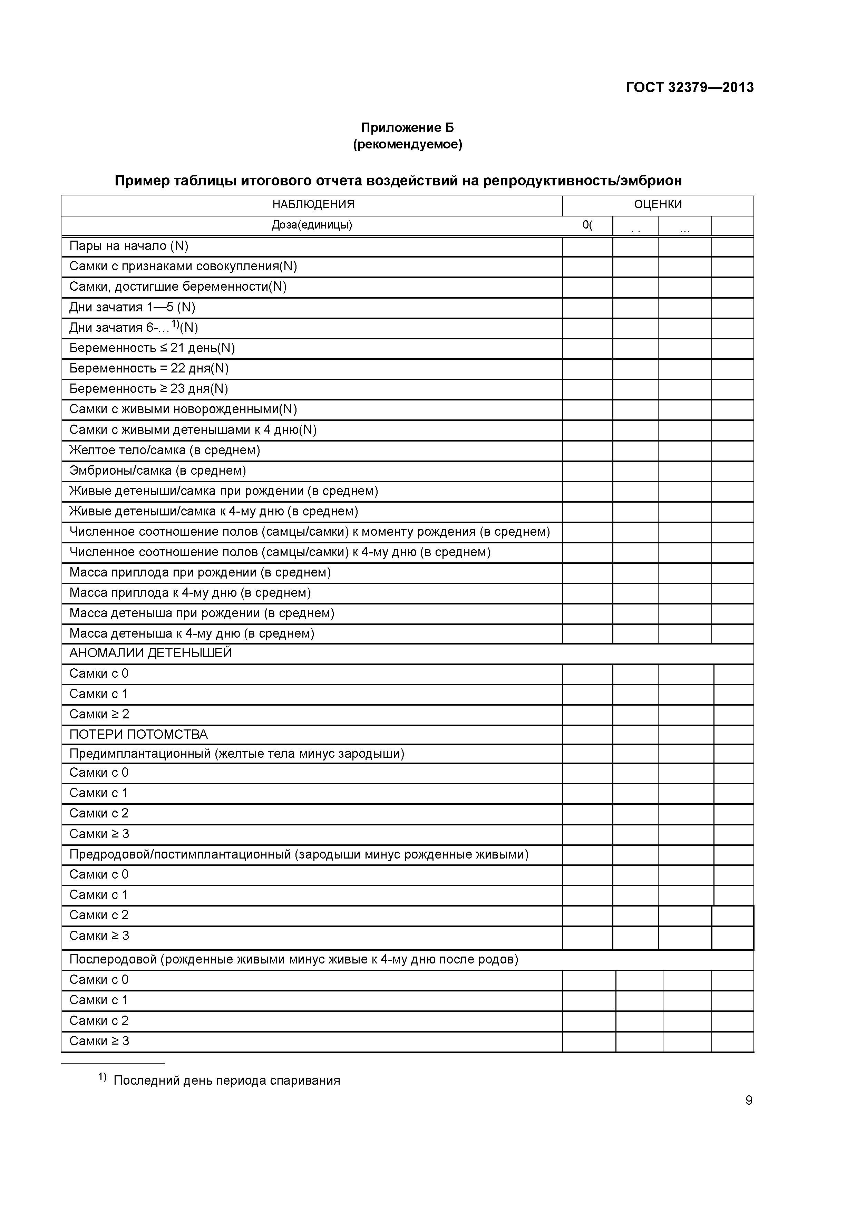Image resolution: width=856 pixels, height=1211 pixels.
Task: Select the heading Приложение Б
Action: pos(407,128)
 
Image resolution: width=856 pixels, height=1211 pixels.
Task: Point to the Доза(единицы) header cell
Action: pos(312,225)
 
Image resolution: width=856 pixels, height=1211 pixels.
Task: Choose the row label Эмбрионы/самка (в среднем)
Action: pos(158,471)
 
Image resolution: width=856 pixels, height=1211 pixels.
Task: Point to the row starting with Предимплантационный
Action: pos(237,754)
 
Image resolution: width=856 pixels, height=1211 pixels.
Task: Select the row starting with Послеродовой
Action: pos(294,959)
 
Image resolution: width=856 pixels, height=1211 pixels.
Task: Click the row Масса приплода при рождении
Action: pos(200,573)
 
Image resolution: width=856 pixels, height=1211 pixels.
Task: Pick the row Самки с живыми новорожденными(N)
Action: pos(183,409)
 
